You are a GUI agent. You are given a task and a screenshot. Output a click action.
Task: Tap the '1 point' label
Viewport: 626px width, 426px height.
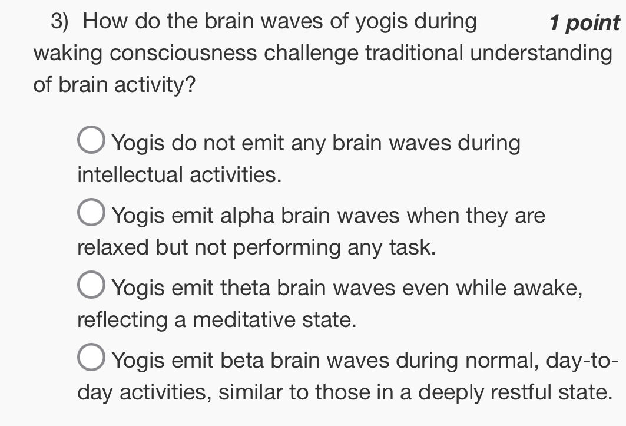tap(584, 23)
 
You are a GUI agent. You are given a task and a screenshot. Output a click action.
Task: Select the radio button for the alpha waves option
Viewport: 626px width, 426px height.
tap(92, 215)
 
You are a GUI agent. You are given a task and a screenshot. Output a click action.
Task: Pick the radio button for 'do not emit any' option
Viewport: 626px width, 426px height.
tap(92, 142)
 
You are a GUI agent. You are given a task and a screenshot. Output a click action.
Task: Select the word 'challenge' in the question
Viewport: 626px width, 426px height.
tap(312, 54)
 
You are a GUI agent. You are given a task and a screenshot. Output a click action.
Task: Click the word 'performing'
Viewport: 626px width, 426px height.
tap(287, 247)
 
